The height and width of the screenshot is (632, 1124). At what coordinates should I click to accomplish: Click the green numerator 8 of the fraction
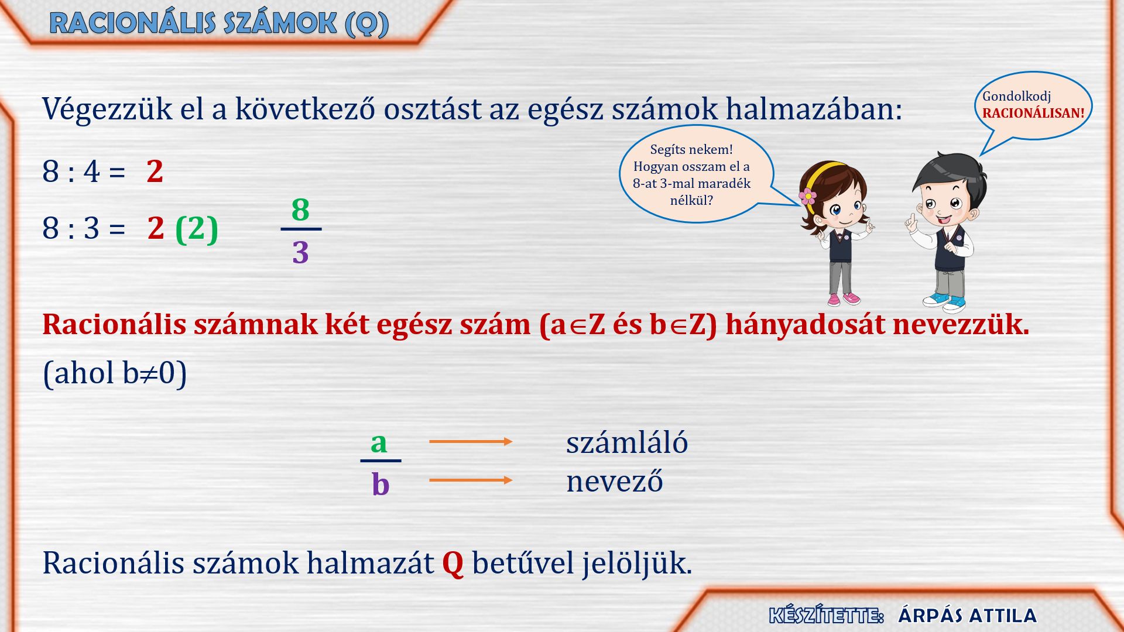pyautogui.click(x=300, y=209)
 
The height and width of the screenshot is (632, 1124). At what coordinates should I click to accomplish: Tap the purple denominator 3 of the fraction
pyautogui.click(x=300, y=252)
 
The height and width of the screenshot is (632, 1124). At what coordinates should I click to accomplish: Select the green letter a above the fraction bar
pyautogui.click(x=379, y=443)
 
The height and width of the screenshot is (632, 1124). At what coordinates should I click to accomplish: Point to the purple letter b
pyautogui.click(x=381, y=483)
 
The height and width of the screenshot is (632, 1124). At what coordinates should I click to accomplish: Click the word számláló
pyautogui.click(x=627, y=442)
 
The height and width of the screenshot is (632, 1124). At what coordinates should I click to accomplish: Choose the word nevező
pyautogui.click(x=615, y=481)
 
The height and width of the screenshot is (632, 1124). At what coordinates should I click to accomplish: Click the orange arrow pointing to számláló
pyautogui.click(x=471, y=441)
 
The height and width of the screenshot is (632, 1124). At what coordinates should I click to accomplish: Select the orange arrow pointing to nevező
pyautogui.click(x=471, y=480)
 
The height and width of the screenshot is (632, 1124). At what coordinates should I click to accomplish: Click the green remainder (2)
pyautogui.click(x=197, y=229)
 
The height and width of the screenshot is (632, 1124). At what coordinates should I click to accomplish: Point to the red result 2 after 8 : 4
pyautogui.click(x=155, y=171)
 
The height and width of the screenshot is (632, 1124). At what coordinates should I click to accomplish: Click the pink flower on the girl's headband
pyautogui.click(x=808, y=196)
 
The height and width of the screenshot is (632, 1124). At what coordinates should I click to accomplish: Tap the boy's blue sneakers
pyautogui.click(x=944, y=302)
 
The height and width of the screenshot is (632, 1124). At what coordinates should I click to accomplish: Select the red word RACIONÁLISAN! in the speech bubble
pyautogui.click(x=1033, y=114)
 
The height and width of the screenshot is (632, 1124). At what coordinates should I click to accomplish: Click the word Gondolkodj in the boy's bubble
pyautogui.click(x=1016, y=97)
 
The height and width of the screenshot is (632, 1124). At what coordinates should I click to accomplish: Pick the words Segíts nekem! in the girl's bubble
pyautogui.click(x=691, y=150)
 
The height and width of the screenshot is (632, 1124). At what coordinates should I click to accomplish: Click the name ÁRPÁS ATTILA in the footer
pyautogui.click(x=967, y=616)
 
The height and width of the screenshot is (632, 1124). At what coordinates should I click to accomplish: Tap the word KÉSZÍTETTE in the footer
pyautogui.click(x=825, y=616)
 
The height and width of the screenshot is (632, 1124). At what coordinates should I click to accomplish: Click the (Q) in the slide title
pyautogui.click(x=367, y=24)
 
